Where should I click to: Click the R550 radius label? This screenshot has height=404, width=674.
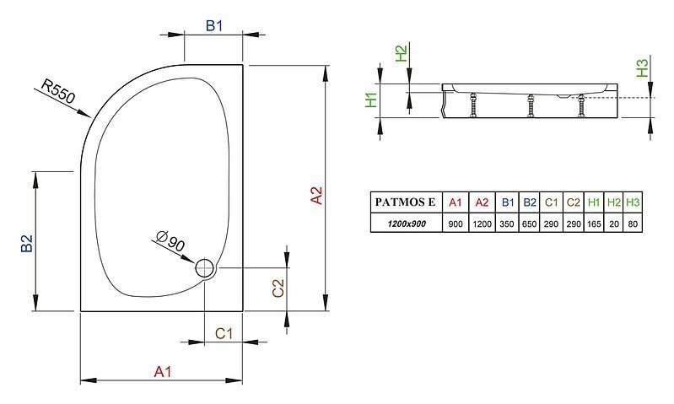point(58,91)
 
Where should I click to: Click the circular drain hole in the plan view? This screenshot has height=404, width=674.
point(205,267)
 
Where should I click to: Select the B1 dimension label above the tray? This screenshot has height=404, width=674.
point(214,26)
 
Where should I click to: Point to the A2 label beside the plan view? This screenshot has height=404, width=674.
point(316,196)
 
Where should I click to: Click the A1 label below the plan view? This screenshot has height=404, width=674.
point(163,371)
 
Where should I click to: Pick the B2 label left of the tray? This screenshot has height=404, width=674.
point(27,243)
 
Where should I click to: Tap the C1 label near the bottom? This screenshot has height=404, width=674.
point(224,333)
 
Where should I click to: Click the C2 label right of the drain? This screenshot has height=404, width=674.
point(278,288)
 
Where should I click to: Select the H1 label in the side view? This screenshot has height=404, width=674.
point(371,100)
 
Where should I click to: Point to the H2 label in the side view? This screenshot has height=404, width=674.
point(401,53)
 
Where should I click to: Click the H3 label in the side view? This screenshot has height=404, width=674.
point(642,68)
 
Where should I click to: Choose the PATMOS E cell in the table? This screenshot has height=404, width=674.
point(406,202)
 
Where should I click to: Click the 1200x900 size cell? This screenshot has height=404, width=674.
point(407,224)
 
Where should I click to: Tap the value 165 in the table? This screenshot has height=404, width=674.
point(594,224)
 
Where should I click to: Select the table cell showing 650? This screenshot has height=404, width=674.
point(529,224)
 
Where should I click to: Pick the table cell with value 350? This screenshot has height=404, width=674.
point(507,224)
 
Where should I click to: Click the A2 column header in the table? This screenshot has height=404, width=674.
point(482,202)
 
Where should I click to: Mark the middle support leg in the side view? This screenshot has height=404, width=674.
point(531,105)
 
